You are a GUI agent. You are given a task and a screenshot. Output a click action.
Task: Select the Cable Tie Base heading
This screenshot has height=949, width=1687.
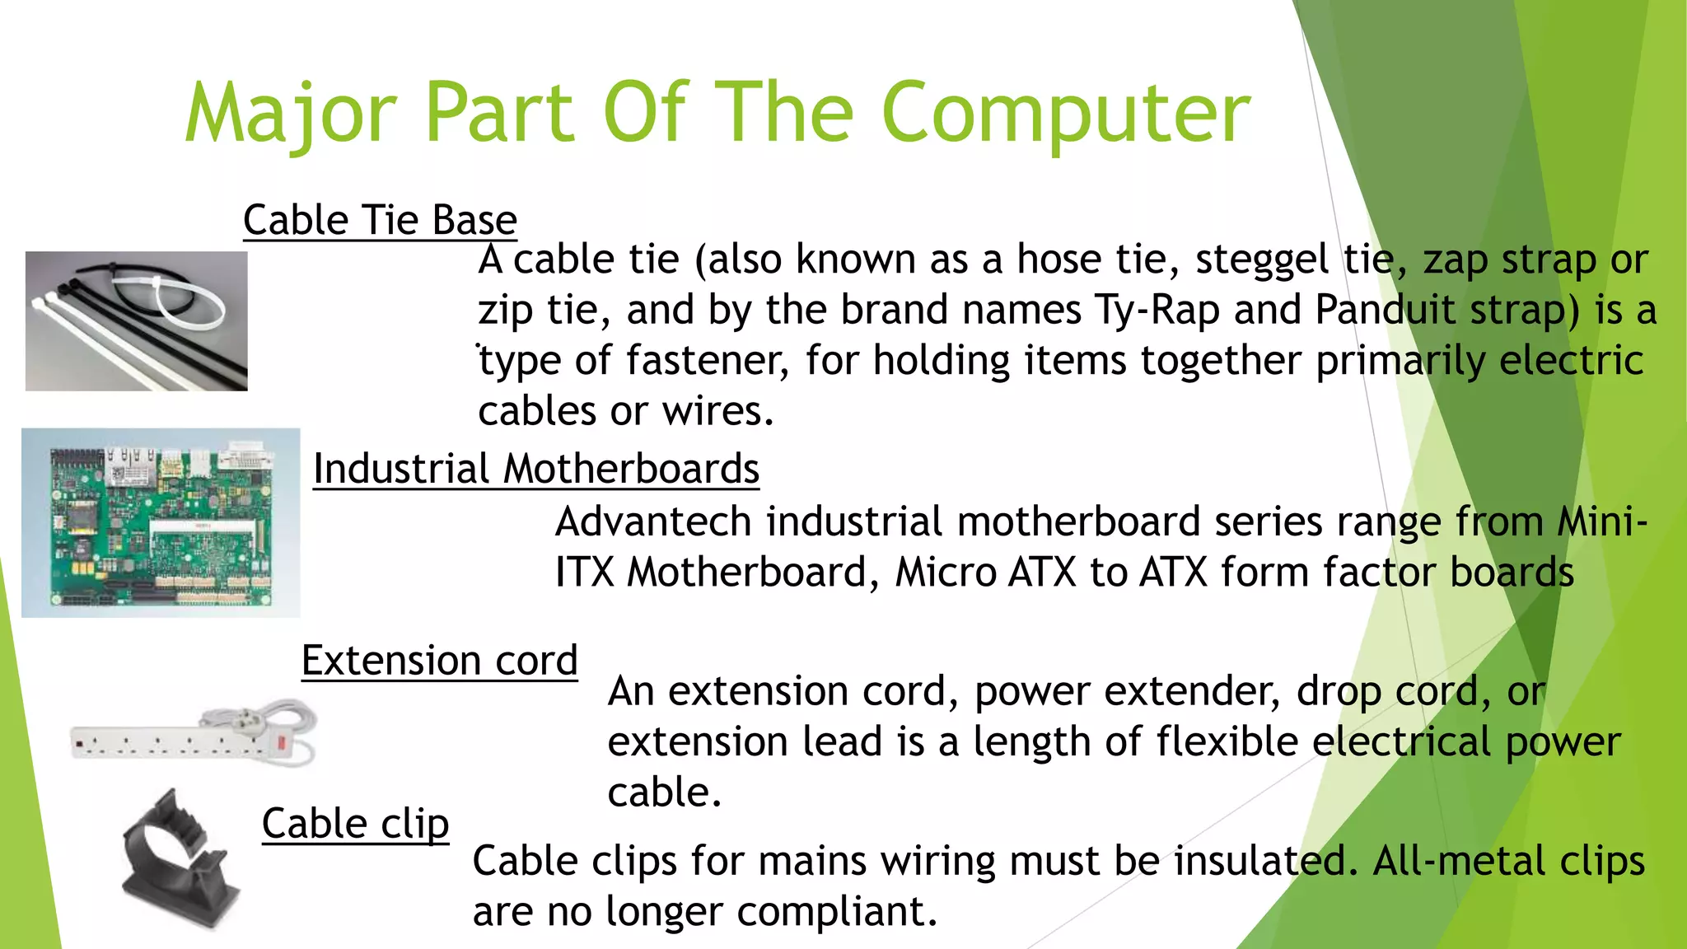[x=380, y=220]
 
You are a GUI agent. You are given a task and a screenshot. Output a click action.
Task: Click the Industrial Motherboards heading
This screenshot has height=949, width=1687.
[x=535, y=469]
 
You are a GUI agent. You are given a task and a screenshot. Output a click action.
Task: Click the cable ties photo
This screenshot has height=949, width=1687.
[x=136, y=320]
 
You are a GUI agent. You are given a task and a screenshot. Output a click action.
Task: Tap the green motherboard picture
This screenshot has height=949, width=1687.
[x=161, y=522]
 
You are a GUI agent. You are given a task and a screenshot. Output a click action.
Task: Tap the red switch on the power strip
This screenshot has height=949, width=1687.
[x=283, y=742]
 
